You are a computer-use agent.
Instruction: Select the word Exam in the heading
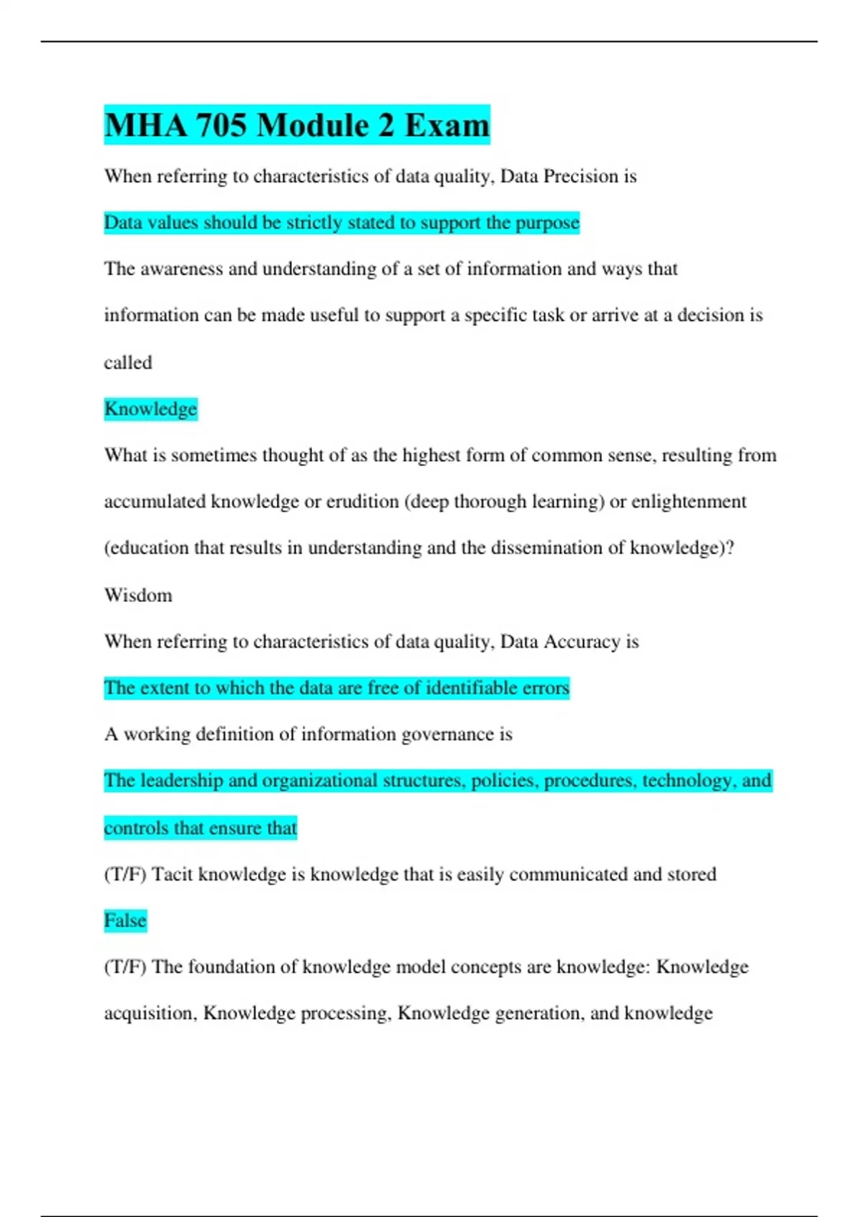(x=447, y=125)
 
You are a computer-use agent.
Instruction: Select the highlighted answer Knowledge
(x=150, y=409)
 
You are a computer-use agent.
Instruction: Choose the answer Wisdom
(x=138, y=595)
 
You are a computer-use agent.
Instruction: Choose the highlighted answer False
(x=125, y=921)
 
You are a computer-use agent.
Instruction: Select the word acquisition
(x=150, y=1014)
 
